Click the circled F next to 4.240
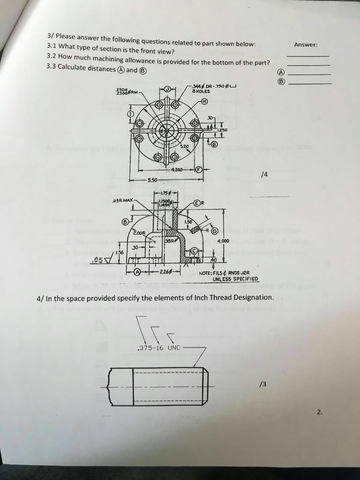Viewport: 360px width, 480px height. tap(199, 170)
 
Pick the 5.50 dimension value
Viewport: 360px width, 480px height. tap(152, 180)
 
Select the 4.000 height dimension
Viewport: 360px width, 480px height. tap(222, 241)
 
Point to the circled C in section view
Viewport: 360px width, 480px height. tap(193, 252)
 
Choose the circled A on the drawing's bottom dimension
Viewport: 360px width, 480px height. tap(137, 272)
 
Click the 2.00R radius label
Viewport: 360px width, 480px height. tap(139, 232)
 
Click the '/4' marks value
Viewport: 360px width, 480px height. tap(265, 174)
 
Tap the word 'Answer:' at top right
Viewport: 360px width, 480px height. tap(306, 45)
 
